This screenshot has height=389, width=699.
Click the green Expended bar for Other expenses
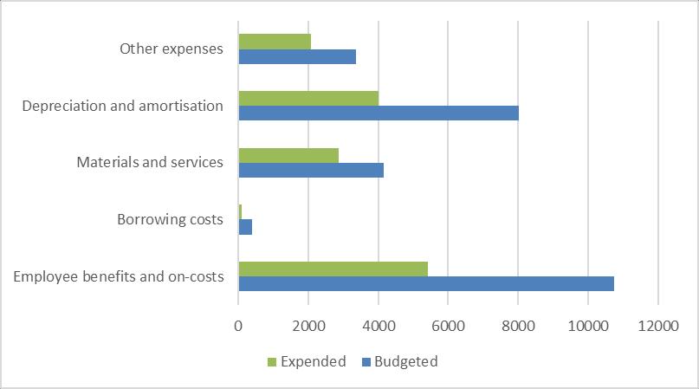(x=275, y=42)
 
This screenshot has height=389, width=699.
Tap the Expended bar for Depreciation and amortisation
(x=308, y=98)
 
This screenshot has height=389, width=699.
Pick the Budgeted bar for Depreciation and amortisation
(x=379, y=113)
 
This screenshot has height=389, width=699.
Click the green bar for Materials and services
(x=288, y=155)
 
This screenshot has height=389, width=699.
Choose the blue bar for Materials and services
(x=311, y=171)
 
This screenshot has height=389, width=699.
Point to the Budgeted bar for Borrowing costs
(x=245, y=227)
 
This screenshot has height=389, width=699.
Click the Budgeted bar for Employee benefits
(x=426, y=283)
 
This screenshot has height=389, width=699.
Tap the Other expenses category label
(x=172, y=49)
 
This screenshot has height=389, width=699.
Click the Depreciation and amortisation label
(x=123, y=106)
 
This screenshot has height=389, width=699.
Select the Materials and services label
(x=150, y=162)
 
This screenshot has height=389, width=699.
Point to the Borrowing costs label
(x=170, y=219)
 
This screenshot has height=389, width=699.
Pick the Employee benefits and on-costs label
(x=120, y=276)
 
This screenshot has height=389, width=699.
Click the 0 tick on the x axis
(x=238, y=325)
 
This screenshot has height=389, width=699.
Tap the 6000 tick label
(x=448, y=325)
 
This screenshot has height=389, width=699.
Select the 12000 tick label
(x=657, y=325)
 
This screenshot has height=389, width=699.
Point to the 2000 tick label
(x=308, y=325)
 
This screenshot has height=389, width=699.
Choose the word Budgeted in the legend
(x=410, y=362)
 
